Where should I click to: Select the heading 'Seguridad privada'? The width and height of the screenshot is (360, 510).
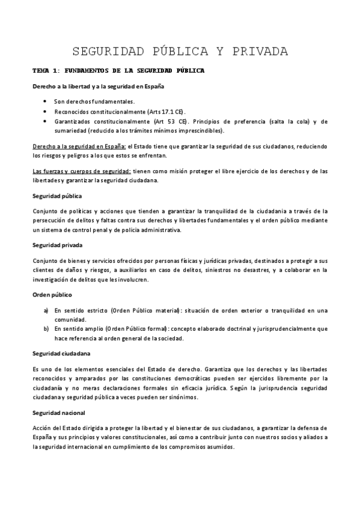point(58,245)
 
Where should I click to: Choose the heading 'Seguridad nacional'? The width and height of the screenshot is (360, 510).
point(59,413)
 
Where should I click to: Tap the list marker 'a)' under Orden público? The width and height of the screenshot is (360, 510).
point(46,310)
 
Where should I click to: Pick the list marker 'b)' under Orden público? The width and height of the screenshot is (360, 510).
point(46,329)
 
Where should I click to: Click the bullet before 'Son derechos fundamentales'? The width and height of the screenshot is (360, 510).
point(46,102)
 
